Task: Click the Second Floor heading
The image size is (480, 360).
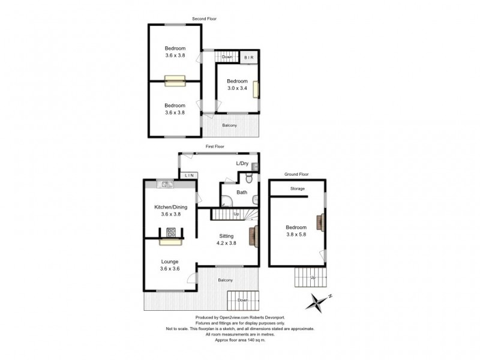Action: tap(204, 19)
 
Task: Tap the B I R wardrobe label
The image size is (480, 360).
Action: tap(249, 58)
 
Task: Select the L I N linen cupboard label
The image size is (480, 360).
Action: tap(190, 175)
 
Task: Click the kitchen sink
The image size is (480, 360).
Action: tap(165, 184)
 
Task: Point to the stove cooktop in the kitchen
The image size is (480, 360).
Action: tap(171, 232)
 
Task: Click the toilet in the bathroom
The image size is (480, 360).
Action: tap(249, 178)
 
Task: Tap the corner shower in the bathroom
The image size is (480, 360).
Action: tap(227, 201)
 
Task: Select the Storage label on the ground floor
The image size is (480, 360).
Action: tap(298, 188)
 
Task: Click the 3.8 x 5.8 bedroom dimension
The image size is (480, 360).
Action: tap(296, 235)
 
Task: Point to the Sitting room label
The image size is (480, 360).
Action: tap(226, 236)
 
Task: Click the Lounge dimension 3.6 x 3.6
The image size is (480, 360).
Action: tap(170, 269)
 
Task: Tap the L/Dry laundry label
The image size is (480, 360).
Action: tap(242, 163)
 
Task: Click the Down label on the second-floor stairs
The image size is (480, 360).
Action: tap(227, 57)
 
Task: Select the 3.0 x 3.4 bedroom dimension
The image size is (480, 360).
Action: tap(237, 88)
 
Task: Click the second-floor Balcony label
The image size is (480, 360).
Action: tap(230, 125)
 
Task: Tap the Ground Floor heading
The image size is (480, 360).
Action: tap(296, 174)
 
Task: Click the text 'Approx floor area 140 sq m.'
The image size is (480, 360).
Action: tap(241, 340)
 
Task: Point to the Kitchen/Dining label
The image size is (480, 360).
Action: tap(171, 207)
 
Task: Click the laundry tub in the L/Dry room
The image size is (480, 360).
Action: tap(254, 167)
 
